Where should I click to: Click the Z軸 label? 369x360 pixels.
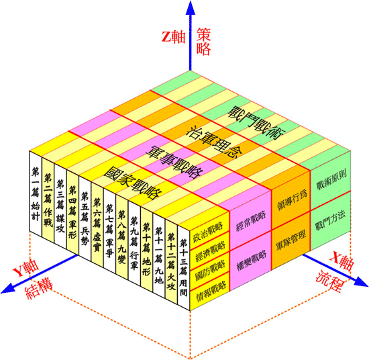click(x=174, y=37)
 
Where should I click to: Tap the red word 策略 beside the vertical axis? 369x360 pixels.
click(x=203, y=42)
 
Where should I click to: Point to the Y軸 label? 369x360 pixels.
click(x=26, y=269)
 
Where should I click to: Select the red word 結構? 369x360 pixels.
click(x=39, y=289)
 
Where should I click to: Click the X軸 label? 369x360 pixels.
click(x=341, y=261)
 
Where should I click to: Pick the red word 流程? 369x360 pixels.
click(x=329, y=282)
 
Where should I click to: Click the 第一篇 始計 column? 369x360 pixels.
click(x=36, y=193)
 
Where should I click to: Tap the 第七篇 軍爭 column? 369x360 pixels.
click(x=109, y=231)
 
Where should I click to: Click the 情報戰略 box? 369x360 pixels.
click(x=209, y=290)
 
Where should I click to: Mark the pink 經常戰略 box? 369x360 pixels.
click(x=250, y=220)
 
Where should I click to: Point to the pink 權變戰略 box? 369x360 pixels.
click(x=250, y=261)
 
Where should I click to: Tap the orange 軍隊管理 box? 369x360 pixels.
click(x=291, y=240)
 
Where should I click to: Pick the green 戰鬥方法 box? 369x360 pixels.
click(x=331, y=221)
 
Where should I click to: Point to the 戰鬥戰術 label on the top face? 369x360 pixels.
click(x=256, y=123)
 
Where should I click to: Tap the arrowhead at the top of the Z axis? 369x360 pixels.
click(x=190, y=7)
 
